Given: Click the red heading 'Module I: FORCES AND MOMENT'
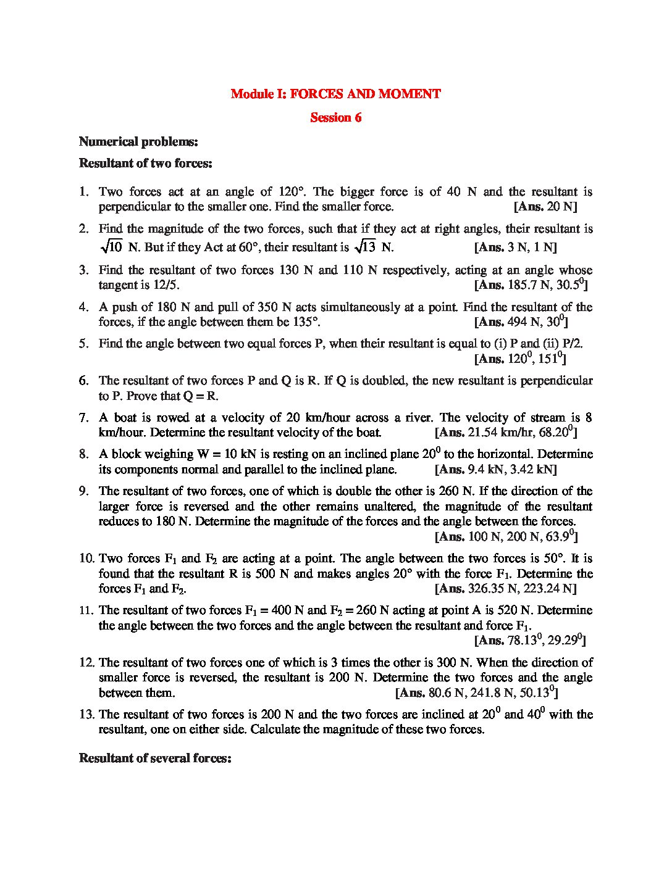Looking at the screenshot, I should (x=335, y=94).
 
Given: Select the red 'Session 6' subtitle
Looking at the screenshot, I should (x=335, y=117).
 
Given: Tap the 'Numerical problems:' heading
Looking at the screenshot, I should (x=138, y=142).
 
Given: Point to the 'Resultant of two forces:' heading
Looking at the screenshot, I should (x=146, y=164).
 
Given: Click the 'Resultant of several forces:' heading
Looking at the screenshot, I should (x=155, y=758).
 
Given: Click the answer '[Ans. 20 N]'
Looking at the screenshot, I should (x=545, y=207).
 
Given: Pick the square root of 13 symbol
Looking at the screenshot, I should (x=364, y=247).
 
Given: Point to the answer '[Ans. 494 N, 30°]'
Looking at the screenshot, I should (x=521, y=322).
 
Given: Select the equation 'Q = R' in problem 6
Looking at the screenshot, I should (x=201, y=396).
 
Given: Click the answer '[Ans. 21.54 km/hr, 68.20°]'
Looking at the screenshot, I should (x=506, y=432).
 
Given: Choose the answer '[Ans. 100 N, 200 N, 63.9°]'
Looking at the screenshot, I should (x=506, y=536).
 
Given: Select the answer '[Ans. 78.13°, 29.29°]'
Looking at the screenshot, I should (x=530, y=641).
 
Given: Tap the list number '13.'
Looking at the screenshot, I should (x=86, y=715).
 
